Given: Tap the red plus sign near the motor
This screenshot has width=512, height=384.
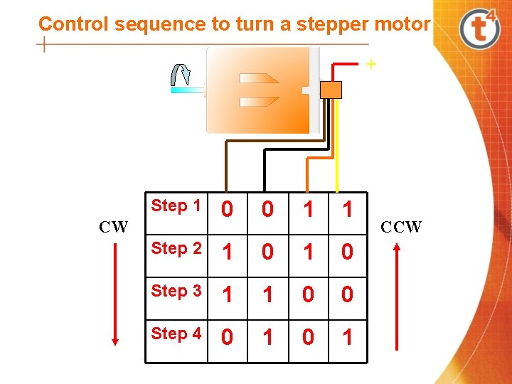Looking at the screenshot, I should [370, 65].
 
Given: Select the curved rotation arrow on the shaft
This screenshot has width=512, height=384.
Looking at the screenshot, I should [181, 75].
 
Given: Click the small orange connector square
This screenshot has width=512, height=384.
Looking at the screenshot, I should [331, 90].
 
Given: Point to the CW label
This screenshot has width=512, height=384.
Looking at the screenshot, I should [113, 227].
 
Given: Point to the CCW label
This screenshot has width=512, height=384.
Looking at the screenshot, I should [401, 227].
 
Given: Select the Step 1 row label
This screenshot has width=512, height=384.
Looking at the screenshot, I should [176, 206].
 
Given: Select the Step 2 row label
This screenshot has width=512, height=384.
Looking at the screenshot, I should [176, 249].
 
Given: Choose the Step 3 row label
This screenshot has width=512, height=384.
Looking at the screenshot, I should [176, 291].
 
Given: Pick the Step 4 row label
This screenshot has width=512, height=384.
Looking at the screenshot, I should [176, 334].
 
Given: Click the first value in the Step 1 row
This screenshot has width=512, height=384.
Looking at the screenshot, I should [227, 210].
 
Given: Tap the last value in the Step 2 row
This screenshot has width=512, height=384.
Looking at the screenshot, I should [347, 252].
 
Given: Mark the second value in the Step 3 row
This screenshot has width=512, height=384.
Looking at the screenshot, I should [267, 295].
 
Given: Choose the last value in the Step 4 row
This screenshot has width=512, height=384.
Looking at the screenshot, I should [347, 338].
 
